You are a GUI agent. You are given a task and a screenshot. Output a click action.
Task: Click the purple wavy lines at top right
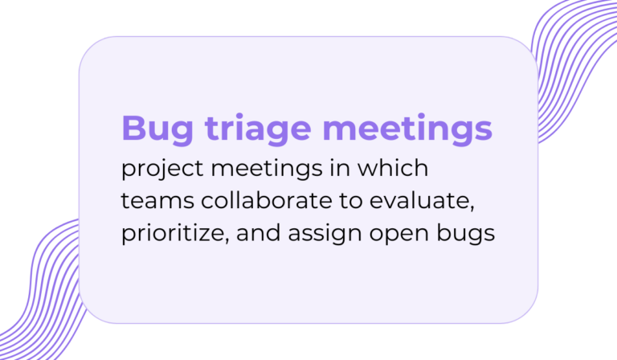574,64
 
